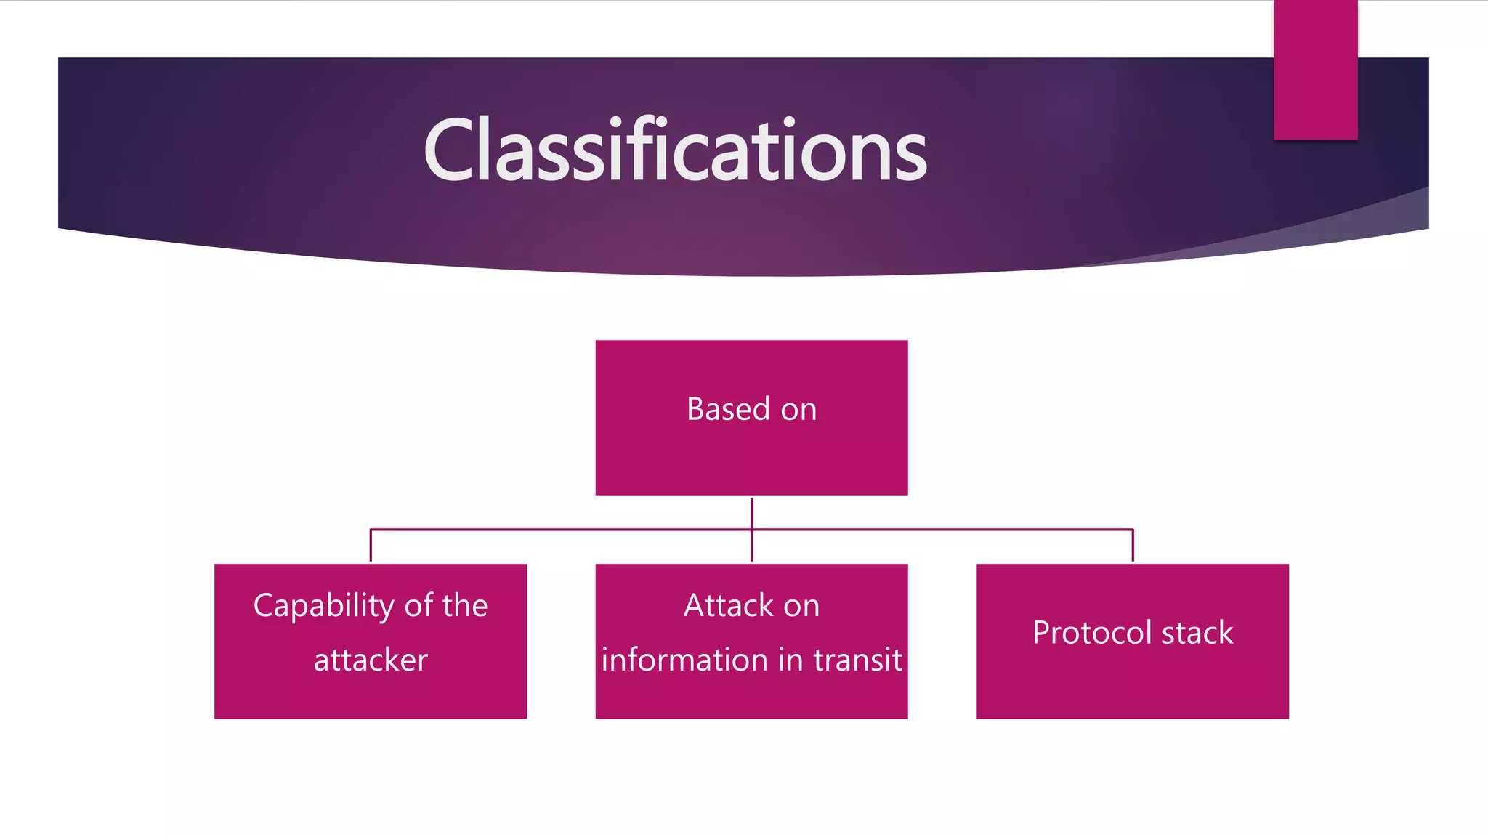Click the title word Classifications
[x=675, y=151]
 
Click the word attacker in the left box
[x=371, y=660]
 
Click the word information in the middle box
[x=684, y=660]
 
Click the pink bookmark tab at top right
[x=1315, y=69]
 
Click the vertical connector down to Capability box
[x=371, y=546]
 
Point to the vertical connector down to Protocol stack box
[x=1133, y=546]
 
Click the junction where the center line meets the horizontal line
[x=752, y=530]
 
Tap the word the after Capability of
[x=465, y=605]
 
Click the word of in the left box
[x=418, y=605]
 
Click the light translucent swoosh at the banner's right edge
[x=1380, y=218]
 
